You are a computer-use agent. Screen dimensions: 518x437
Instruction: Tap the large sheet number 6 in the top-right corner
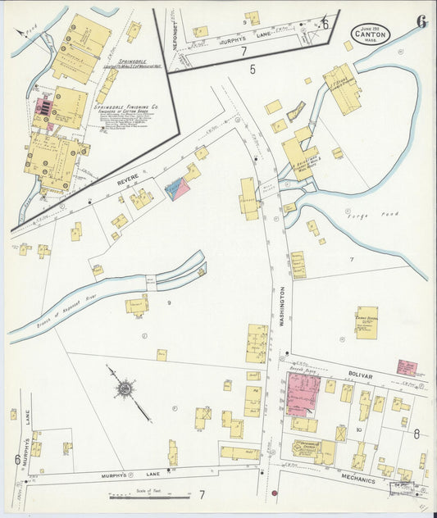tap(421, 22)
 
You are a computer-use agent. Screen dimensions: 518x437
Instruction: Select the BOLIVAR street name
tap(358, 376)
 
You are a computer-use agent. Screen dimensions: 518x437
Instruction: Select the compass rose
tap(125, 387)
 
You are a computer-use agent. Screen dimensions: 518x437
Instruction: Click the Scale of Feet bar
tap(151, 497)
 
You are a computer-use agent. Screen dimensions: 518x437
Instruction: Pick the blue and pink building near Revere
tap(177, 190)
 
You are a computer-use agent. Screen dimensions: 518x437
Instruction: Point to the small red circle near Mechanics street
tap(275, 493)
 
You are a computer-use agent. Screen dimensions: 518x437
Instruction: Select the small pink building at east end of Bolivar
tap(407, 367)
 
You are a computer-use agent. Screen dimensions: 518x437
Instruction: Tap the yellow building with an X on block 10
tap(340, 433)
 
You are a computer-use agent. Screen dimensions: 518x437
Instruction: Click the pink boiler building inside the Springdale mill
tap(42, 107)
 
